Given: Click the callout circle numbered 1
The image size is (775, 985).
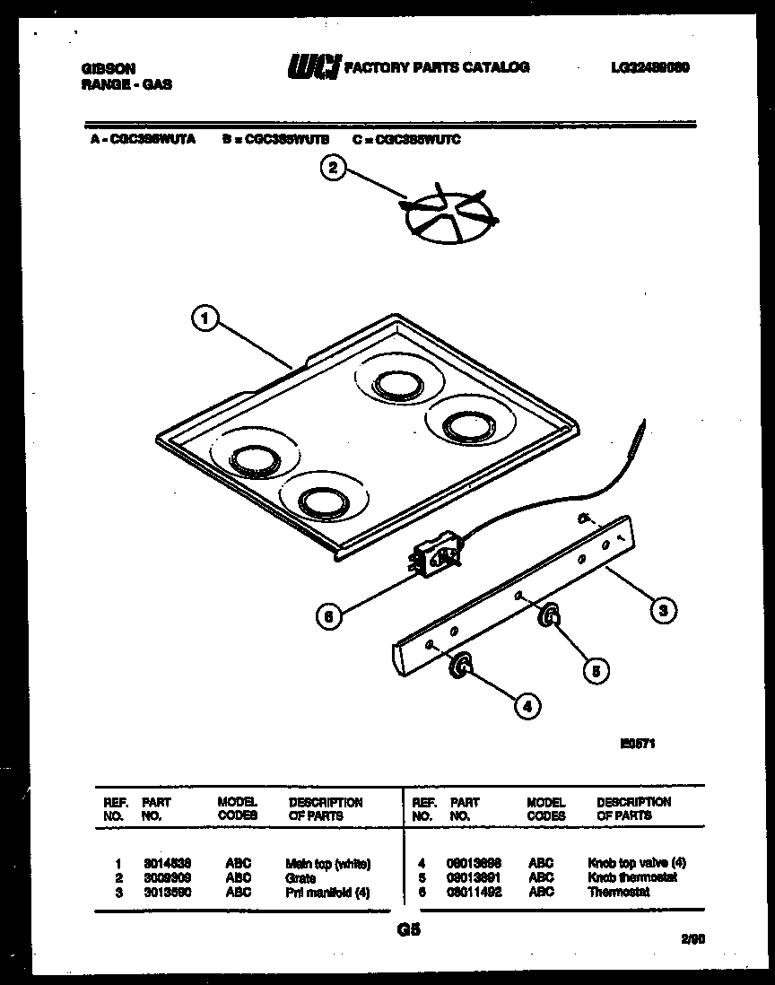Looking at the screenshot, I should point(205,318).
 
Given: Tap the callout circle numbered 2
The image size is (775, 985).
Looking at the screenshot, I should point(333,168).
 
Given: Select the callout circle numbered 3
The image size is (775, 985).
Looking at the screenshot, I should point(662,611).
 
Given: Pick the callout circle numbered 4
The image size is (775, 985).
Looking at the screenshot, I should point(527,706).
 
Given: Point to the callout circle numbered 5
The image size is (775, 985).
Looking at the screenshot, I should point(594,667).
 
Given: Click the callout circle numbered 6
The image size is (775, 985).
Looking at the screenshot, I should point(331,617).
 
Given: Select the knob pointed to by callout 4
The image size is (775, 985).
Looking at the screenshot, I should point(460,666).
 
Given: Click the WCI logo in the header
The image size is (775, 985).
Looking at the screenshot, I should point(313,67).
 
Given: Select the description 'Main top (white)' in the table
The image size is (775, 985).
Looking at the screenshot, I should point(327,864).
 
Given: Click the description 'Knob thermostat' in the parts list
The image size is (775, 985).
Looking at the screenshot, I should point(631,877).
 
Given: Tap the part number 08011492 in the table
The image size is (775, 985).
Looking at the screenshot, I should point(475,892).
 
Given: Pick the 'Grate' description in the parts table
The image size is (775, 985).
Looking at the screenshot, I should point(300,878).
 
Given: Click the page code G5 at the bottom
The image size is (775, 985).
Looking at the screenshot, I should point(408,931).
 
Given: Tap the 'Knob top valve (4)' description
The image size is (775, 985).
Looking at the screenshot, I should point(637,863).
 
